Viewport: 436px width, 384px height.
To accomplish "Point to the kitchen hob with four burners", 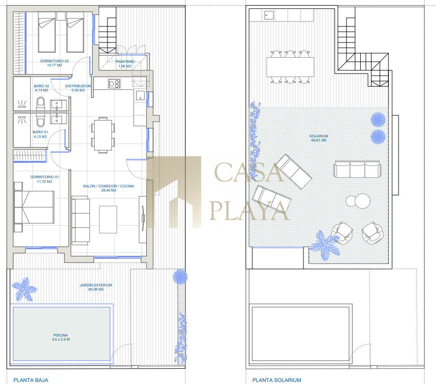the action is point(114,83).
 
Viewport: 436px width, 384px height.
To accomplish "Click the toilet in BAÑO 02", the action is point(40,104).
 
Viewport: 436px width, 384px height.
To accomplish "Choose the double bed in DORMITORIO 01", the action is point(34,207).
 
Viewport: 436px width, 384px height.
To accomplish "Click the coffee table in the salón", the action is point(108,219).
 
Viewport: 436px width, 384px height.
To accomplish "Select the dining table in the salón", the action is point(103,135).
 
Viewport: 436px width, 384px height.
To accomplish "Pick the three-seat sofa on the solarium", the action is point(357,169).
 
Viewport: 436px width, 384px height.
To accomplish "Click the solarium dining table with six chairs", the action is point(290,67).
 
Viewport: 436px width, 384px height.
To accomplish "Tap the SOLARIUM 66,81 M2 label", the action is point(319,138).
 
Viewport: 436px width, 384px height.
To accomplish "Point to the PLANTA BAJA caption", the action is point(31,380).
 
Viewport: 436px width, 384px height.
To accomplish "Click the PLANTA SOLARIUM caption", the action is point(277,380).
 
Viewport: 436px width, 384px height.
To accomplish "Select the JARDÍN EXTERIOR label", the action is point(96,287).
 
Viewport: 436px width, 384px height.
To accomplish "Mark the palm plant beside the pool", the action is point(25,289).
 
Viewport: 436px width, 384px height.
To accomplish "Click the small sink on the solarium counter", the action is point(269,15).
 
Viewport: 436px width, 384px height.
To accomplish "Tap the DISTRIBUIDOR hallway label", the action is point(78,88).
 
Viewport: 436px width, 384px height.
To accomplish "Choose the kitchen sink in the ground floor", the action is point(140,95).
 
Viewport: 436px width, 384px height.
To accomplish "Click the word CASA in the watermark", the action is point(248,172).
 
